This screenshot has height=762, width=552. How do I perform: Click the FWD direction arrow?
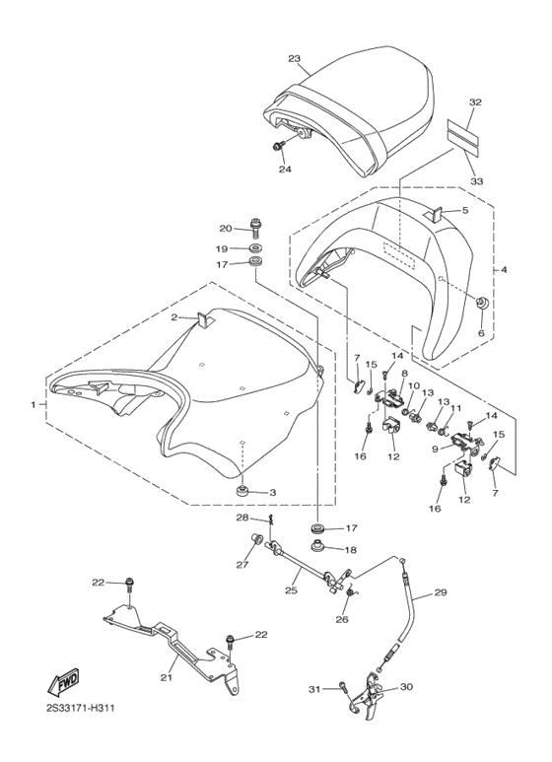[62, 681]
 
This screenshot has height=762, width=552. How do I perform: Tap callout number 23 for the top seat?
[294, 59]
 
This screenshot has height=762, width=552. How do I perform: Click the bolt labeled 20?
[254, 227]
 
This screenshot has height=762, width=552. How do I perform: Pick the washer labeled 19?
[254, 248]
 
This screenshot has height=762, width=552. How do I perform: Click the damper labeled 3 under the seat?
[241, 490]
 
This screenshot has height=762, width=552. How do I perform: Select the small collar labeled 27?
[255, 538]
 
